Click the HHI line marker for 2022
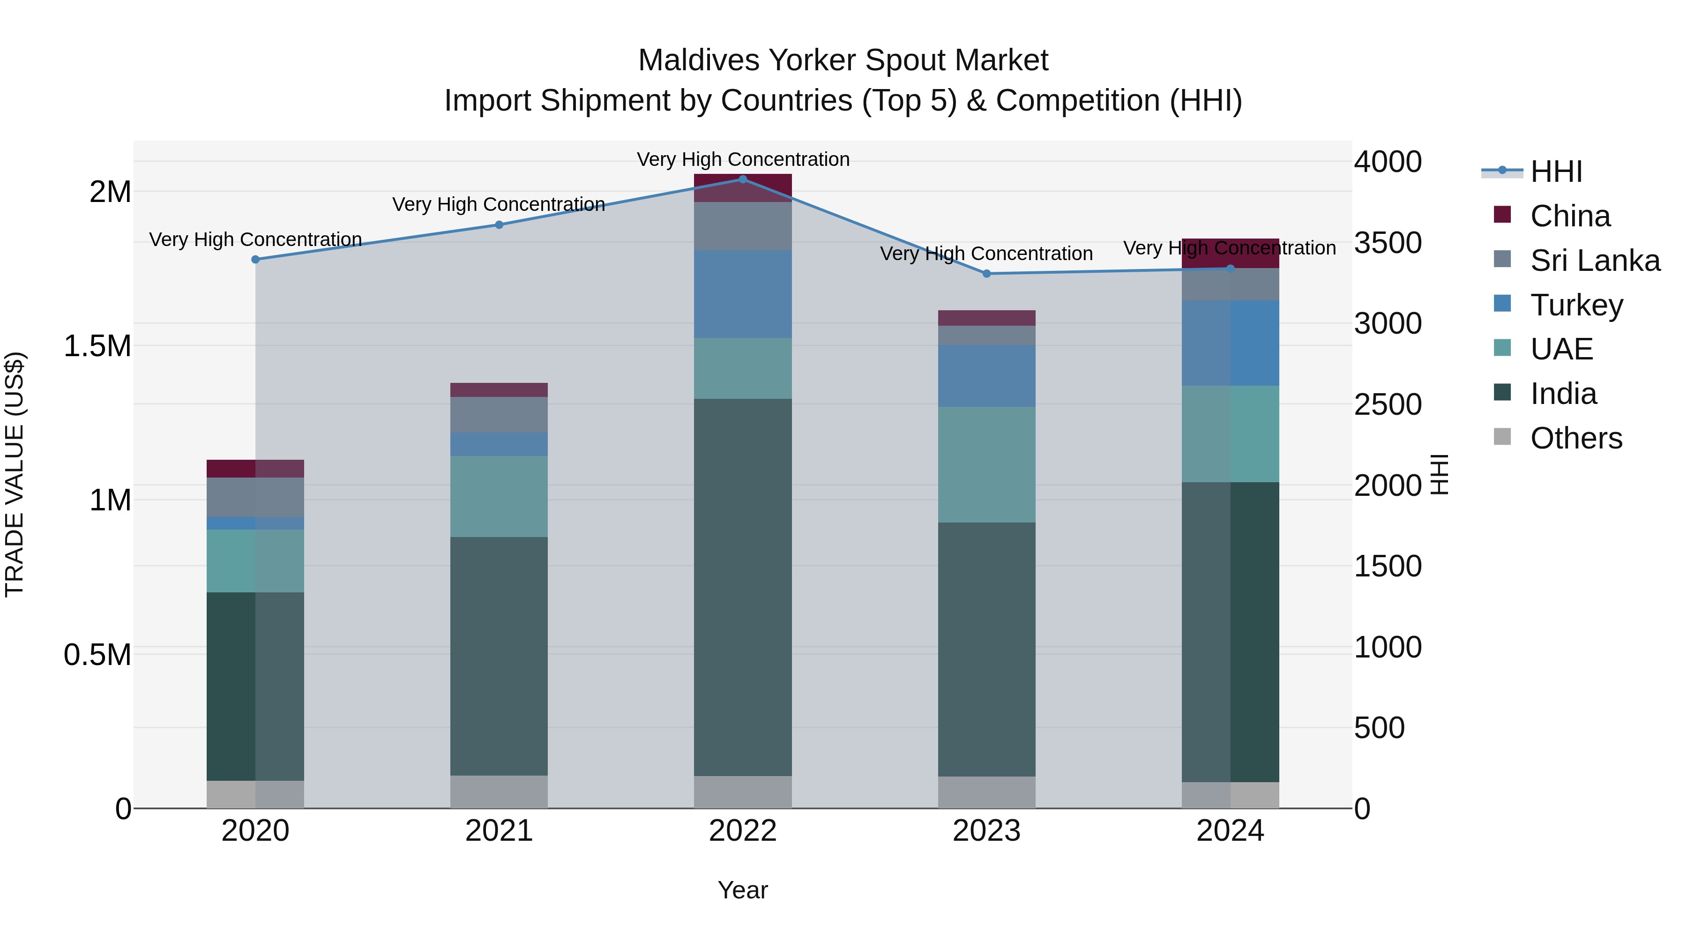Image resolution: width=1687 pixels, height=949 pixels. pos(743,179)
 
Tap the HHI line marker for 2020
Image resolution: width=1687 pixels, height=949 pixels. pos(255,259)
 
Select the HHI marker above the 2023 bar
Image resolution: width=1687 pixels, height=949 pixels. pos(987,274)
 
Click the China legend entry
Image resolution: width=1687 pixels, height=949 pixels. pos(1570,216)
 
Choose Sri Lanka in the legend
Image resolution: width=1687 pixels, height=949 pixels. pos(1595,261)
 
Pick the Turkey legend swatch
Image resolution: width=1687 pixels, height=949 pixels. pos(1502,304)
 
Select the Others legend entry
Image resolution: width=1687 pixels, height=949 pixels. pos(1575,438)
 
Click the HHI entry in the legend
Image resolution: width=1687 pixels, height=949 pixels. pos(1556,172)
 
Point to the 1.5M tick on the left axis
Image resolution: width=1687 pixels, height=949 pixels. pos(97,346)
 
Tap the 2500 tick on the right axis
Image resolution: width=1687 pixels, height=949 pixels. pos(1388,404)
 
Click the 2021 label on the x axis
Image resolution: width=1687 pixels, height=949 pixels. pos(499,831)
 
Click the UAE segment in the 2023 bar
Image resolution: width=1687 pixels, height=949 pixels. pos(987,464)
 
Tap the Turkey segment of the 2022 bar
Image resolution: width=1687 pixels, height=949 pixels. pos(743,294)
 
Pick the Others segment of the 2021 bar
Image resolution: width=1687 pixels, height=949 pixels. pos(499,792)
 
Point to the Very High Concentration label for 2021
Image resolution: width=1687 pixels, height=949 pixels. pos(499,204)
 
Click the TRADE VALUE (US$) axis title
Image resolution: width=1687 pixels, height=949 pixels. pos(15,474)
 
